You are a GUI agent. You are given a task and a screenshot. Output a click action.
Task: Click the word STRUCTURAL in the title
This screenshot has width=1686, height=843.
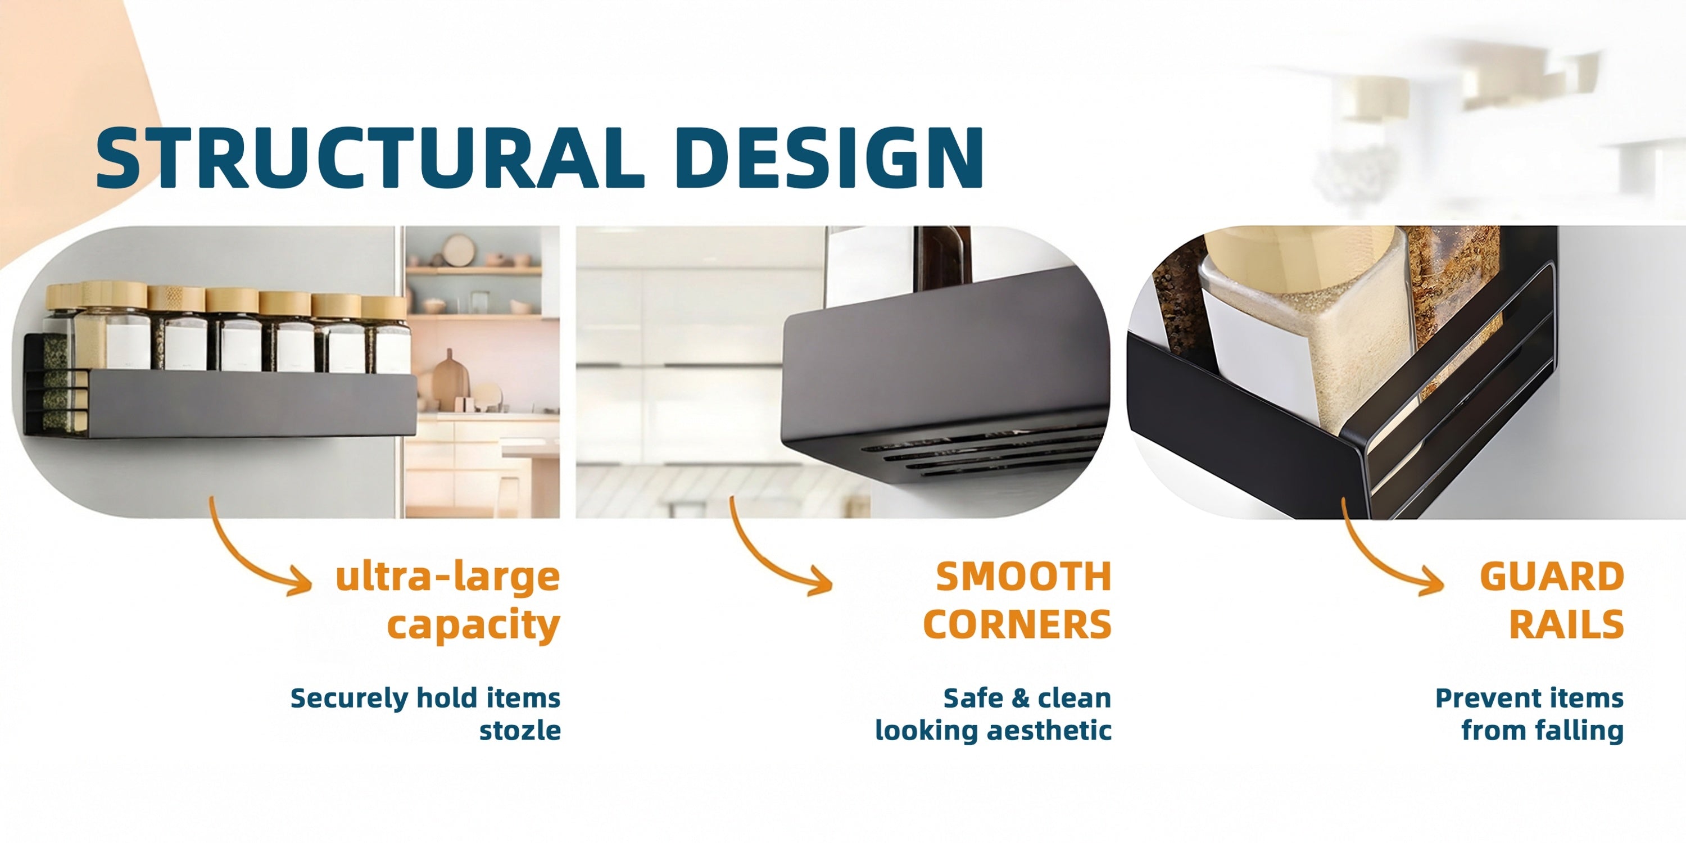(370, 158)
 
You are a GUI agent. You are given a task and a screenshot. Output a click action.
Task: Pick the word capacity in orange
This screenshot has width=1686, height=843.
(473, 626)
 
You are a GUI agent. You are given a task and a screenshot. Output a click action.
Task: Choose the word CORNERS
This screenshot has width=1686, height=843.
(1017, 624)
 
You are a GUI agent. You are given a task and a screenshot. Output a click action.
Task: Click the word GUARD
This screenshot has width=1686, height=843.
(1552, 577)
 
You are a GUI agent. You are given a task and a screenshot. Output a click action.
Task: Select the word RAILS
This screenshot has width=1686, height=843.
(1566, 624)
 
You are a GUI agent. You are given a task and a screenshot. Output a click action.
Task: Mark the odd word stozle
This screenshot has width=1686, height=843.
(520, 731)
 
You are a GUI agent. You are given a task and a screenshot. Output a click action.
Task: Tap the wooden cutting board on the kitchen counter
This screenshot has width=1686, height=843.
(448, 382)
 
